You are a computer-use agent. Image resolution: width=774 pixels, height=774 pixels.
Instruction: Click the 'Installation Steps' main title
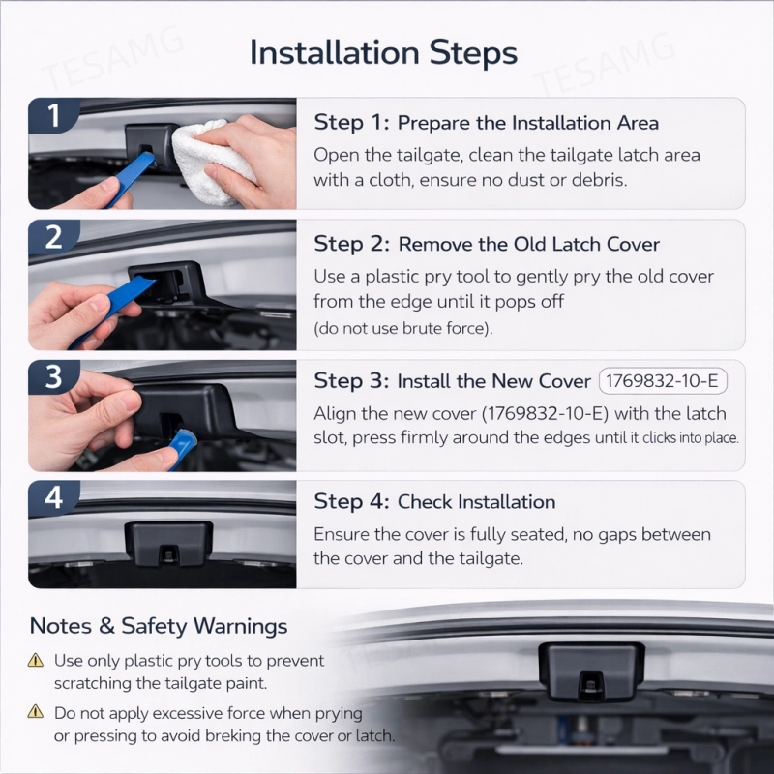383,52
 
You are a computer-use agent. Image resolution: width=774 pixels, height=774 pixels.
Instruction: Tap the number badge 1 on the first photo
53,116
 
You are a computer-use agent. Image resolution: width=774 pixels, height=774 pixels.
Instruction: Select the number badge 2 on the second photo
53,237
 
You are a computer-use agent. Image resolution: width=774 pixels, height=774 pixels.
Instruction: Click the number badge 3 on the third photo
53,377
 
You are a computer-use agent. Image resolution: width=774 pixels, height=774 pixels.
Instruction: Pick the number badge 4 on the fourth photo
53,497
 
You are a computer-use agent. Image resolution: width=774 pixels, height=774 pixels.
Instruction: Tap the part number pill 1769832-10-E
663,381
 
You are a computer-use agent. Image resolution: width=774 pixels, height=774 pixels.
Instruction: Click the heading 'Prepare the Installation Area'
527,123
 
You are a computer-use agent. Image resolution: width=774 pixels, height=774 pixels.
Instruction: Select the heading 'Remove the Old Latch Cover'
528,245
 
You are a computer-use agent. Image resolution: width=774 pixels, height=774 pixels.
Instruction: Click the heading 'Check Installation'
476,502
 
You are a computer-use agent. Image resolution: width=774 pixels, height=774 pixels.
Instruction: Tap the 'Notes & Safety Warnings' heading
159,626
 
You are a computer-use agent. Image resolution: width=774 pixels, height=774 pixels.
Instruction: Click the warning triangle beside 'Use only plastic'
36,660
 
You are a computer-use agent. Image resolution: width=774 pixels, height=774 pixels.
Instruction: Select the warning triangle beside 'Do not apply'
36,711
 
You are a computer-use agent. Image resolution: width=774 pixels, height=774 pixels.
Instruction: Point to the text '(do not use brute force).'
403,328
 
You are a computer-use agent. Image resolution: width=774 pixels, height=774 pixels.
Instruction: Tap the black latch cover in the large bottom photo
591,670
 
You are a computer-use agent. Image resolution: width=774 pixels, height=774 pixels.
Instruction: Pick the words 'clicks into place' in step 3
689,438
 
